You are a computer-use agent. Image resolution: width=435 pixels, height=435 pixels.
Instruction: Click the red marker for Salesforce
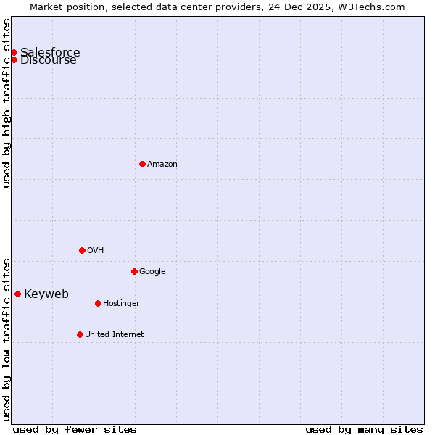pyautogui.click(x=14, y=52)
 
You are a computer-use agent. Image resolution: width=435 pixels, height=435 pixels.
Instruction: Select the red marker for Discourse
pyautogui.click(x=14, y=59)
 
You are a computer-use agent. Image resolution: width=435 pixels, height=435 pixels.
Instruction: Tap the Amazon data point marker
pyautogui.click(x=142, y=164)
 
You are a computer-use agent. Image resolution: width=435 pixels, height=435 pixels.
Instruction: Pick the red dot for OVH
pyautogui.click(x=82, y=250)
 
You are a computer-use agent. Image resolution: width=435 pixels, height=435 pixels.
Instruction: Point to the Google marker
pyautogui.click(x=134, y=271)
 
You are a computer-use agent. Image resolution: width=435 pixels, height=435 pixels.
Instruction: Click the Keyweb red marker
pyautogui.click(x=17, y=294)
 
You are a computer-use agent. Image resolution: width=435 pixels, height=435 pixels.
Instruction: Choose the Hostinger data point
pyautogui.click(x=98, y=303)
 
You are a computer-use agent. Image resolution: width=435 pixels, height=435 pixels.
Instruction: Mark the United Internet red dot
pyautogui.click(x=80, y=334)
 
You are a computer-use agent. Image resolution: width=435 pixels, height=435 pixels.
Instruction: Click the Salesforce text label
pyautogui.click(x=50, y=52)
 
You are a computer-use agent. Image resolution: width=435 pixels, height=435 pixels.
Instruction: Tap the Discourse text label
pyautogui.click(x=49, y=61)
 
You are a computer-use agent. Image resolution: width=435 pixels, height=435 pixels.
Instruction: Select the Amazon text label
pyautogui.click(x=162, y=164)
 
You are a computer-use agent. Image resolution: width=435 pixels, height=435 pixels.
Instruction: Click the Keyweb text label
pyautogui.click(x=46, y=294)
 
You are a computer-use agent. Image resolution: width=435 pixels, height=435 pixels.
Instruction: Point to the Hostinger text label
pyautogui.click(x=121, y=303)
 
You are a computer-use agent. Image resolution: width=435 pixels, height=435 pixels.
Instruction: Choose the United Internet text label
pyautogui.click(x=114, y=334)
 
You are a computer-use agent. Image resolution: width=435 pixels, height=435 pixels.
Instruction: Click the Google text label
pyautogui.click(x=152, y=271)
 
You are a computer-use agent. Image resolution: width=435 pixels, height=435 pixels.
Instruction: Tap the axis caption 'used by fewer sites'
pyautogui.click(x=75, y=429)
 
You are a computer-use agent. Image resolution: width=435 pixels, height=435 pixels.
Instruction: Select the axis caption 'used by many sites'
pyautogui.click(x=364, y=429)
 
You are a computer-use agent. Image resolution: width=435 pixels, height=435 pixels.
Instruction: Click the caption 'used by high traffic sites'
pyautogui.click(x=7, y=103)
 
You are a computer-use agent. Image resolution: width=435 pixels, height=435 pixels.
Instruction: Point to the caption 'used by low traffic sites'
pyautogui.click(x=7, y=339)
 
